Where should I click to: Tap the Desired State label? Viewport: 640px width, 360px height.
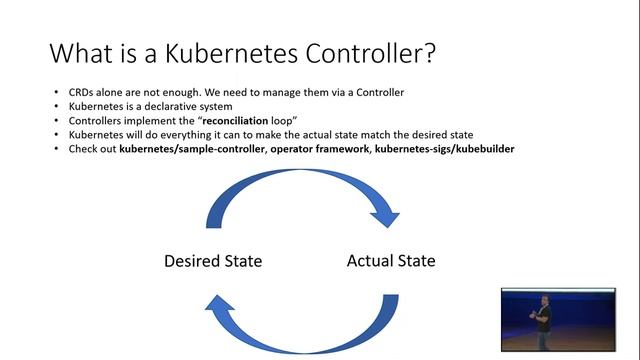[213, 262]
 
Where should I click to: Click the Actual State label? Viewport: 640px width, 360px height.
[391, 261]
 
